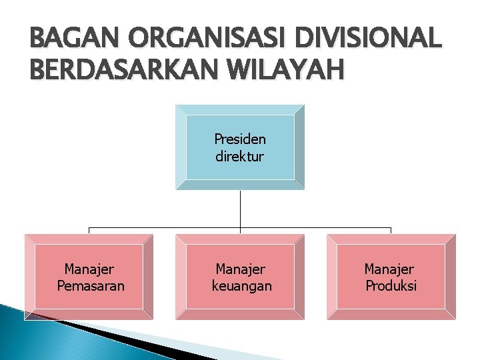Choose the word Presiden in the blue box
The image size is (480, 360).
[240, 139]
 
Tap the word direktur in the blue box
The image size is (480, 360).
[240, 157]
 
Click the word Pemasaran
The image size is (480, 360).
[90, 286]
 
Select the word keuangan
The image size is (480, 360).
[241, 286]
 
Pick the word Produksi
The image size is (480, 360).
[391, 286]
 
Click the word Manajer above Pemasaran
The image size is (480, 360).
[89, 269]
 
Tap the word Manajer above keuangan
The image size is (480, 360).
[241, 269]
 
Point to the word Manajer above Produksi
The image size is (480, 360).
[389, 269]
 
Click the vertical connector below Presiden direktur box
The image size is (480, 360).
[240, 208]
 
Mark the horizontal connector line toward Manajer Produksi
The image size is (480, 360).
[320, 228]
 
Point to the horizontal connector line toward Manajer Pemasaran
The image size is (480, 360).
[160, 228]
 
